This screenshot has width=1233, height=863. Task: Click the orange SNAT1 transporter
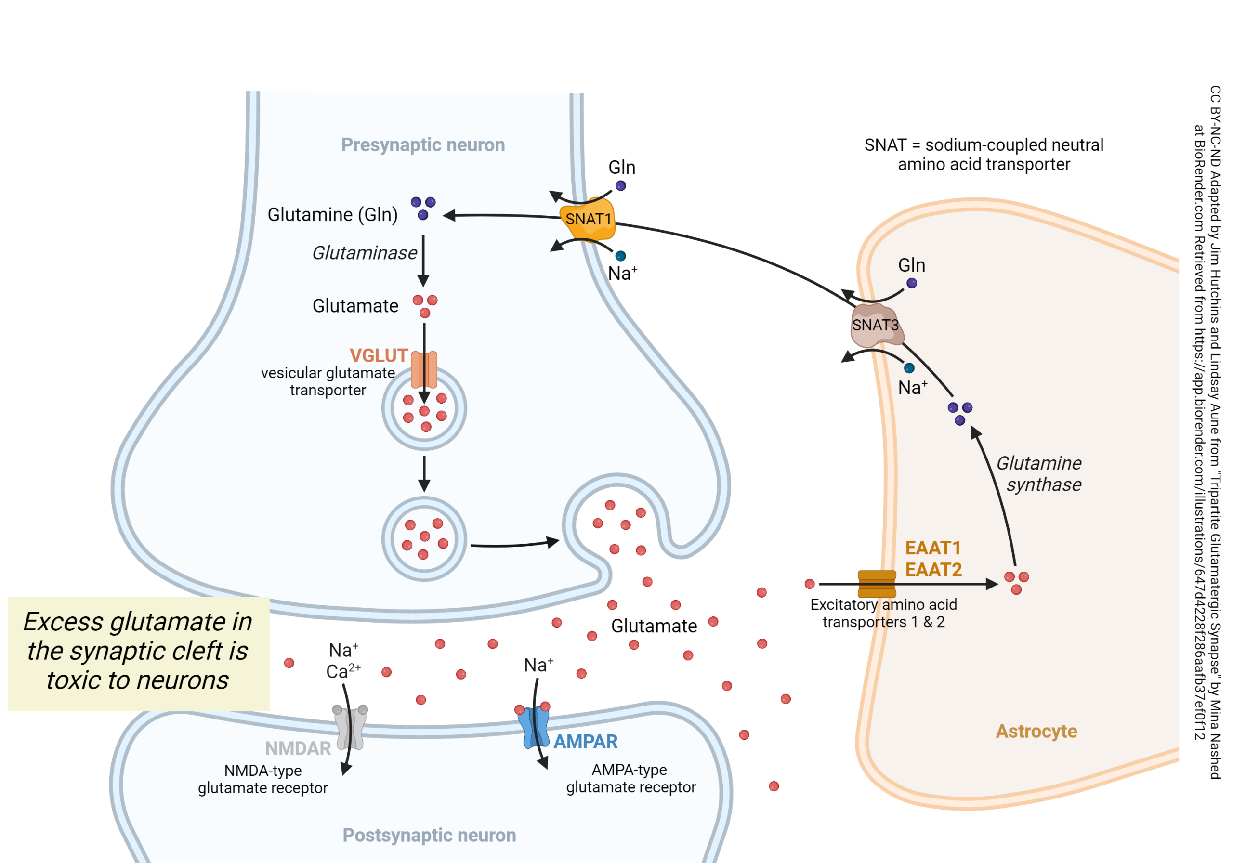coord(588,219)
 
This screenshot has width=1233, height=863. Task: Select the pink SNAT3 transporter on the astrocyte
coord(875,326)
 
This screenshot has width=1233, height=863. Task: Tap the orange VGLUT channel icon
coord(424,369)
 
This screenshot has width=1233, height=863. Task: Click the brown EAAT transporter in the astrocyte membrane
coord(877,584)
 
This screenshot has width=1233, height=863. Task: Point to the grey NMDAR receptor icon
coord(351,727)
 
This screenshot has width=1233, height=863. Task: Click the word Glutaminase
coord(365,253)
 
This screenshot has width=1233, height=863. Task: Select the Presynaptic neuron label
coord(423,145)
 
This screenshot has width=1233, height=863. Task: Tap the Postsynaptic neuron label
coord(429,835)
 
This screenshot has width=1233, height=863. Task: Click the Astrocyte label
coord(1036,731)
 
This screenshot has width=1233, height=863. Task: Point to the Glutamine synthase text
coord(1039,474)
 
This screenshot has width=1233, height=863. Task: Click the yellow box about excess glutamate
coord(138,653)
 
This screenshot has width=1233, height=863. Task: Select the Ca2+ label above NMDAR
coord(343,671)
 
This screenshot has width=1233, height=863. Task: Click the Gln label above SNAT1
coord(621,168)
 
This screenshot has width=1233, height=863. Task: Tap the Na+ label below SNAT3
coord(912,387)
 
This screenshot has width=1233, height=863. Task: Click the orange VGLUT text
coord(379,355)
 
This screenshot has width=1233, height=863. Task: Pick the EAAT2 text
coord(933,570)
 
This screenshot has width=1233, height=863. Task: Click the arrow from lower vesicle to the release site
coord(514,544)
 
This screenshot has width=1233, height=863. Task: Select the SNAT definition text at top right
coord(984,155)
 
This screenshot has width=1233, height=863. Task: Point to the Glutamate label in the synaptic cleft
coord(654,626)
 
